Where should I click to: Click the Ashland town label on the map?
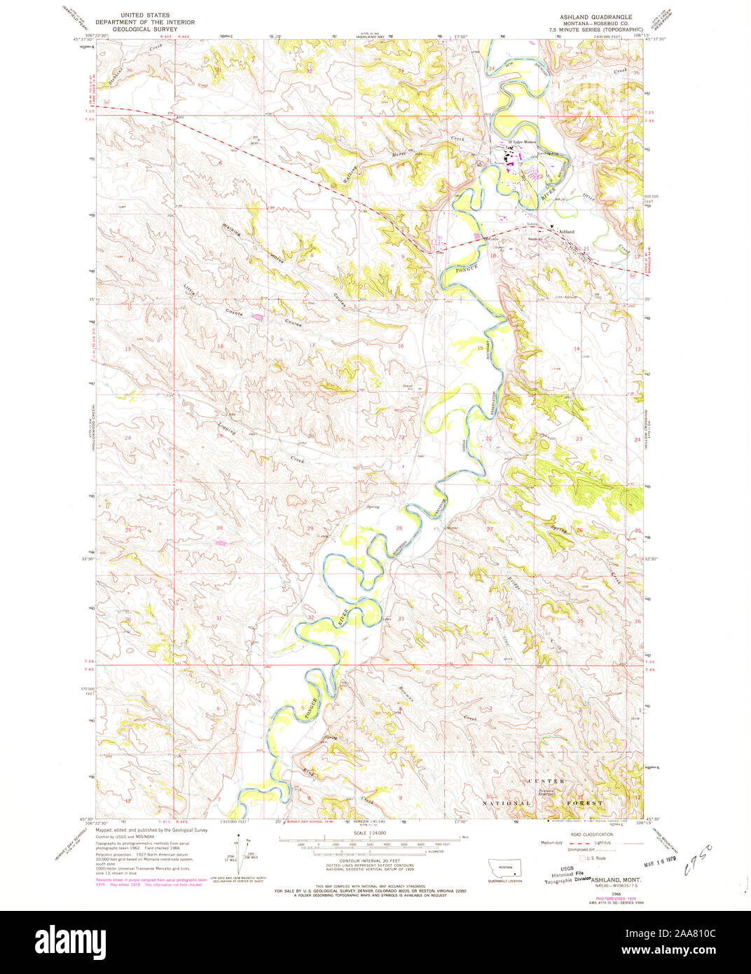[566, 231]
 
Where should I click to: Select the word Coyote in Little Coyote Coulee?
[234, 313]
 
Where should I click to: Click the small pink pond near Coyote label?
[258, 317]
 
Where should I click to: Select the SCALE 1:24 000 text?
[371, 832]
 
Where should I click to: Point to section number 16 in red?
[401, 347]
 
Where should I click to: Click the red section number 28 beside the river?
[399, 528]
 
